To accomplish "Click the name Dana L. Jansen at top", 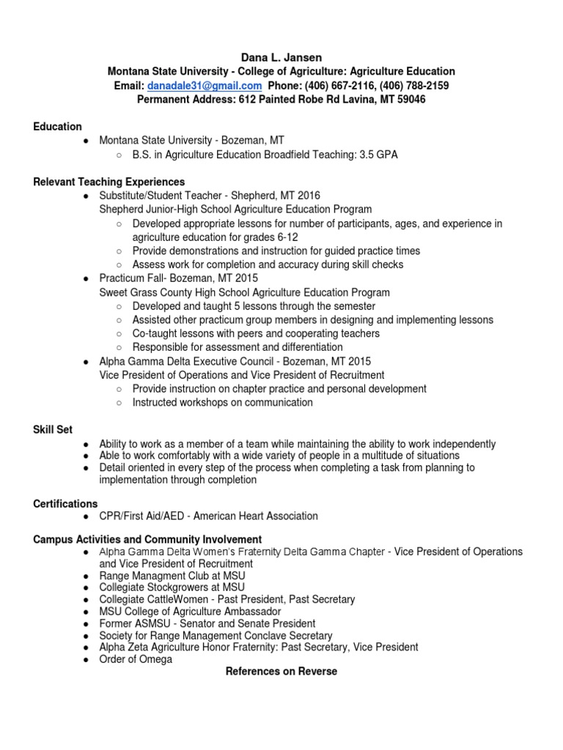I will point(281,57).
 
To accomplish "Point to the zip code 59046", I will point(410,100).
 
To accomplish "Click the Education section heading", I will point(58,127).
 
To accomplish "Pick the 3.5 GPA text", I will point(376,155).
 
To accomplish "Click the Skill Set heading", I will point(53,430).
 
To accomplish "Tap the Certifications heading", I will point(65,504).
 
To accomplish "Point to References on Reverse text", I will point(281,671).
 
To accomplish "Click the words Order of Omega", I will point(136,659).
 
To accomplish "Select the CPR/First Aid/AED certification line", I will point(209,516).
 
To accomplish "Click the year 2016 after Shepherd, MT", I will point(308,196).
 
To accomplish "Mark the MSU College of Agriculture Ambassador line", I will point(191,611).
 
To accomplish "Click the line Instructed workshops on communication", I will point(223,402).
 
